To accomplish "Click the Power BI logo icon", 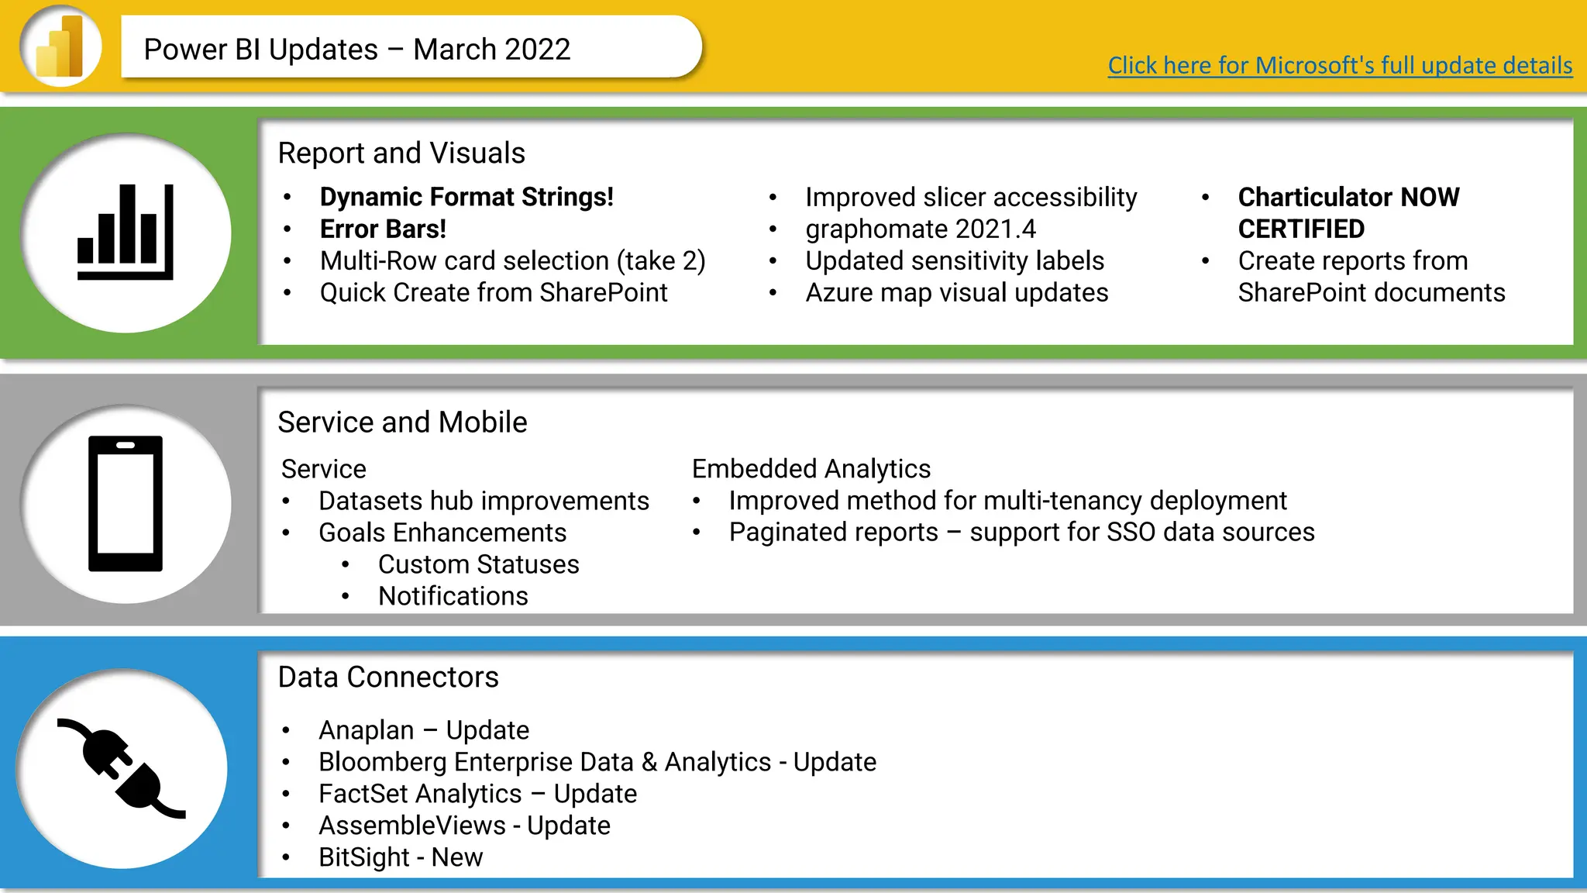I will (x=60, y=47).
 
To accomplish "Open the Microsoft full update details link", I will (x=1340, y=65).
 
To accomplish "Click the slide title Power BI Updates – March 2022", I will (x=357, y=50).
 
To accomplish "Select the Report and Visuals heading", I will (x=401, y=153).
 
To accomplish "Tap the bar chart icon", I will (x=126, y=233).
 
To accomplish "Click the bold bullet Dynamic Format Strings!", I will (x=466, y=197).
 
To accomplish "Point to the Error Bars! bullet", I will (x=383, y=229).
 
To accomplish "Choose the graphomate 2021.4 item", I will (x=920, y=229).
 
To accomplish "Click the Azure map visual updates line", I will (x=956, y=293).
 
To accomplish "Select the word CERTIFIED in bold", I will (x=1301, y=229).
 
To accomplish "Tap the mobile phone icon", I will (x=126, y=504).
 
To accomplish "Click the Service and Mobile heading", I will (x=402, y=422).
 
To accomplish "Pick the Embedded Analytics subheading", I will (x=811, y=469).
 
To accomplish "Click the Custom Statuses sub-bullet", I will (x=478, y=564).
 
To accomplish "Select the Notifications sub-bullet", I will (x=453, y=596).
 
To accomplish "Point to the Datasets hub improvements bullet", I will (x=484, y=501).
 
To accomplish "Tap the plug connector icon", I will (x=122, y=768).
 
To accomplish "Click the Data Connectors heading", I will (x=388, y=678).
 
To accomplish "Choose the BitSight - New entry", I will (x=401, y=857).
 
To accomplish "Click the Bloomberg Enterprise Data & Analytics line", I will (x=597, y=762).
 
